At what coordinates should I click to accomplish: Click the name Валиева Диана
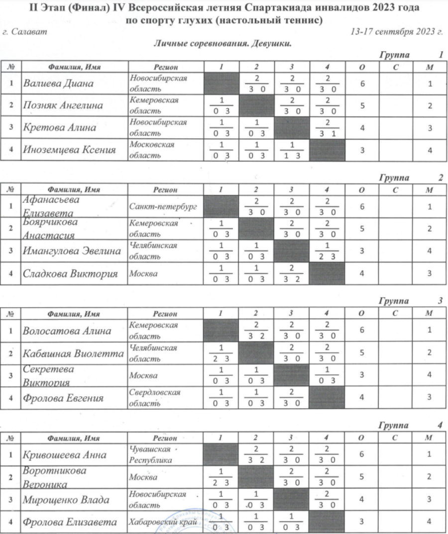59,84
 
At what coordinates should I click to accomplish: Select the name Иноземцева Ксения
69,150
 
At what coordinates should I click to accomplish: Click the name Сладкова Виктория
70,273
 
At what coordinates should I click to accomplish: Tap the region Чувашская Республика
150,455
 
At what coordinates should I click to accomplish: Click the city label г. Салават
19,31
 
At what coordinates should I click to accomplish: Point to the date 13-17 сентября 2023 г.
396,32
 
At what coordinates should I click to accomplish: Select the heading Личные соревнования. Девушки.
223,43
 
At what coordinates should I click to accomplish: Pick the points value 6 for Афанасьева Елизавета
362,206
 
